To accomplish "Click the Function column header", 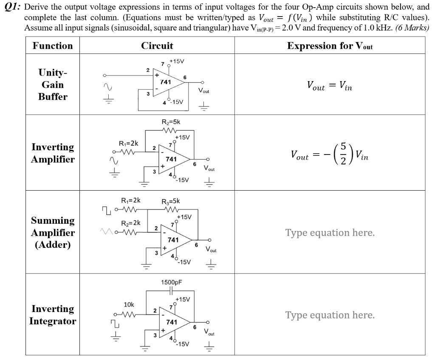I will (x=53, y=46).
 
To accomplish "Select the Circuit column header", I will (x=157, y=46).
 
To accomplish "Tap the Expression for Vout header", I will (x=330, y=46).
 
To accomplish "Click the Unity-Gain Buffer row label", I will (x=53, y=84).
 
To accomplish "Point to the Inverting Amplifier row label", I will (x=53, y=153).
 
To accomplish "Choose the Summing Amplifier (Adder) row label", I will (x=53, y=233).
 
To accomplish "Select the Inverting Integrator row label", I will (x=53, y=315).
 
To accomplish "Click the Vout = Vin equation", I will (x=330, y=86).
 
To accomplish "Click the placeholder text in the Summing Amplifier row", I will (x=330, y=233).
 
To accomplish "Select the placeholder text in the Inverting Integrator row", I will (x=330, y=315).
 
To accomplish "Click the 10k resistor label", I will (x=129, y=304).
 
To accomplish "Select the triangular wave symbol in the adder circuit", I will (x=107, y=231).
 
